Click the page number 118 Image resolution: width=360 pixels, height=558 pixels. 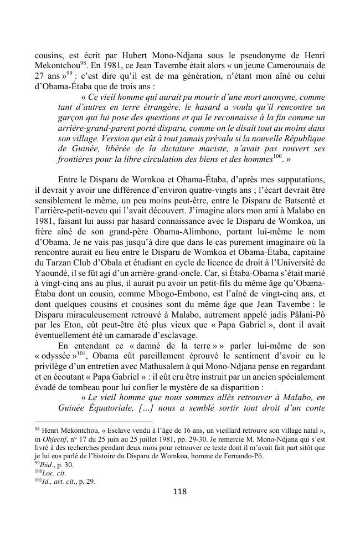[179, 491]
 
